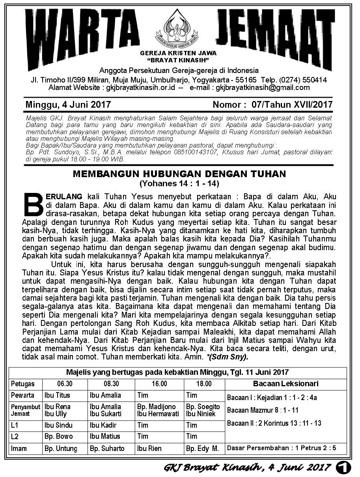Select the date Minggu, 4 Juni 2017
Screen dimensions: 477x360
click(x=68, y=105)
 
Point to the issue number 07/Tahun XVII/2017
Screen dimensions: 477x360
click(x=292, y=105)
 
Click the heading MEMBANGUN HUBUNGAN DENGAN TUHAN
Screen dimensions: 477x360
click(x=179, y=174)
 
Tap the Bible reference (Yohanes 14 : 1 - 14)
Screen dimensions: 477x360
click(x=179, y=183)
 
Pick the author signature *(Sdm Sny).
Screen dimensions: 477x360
click(x=228, y=357)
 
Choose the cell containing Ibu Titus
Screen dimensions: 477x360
click(x=57, y=395)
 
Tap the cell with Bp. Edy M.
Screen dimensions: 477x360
click(x=202, y=449)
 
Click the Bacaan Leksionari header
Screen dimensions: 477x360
click(x=286, y=383)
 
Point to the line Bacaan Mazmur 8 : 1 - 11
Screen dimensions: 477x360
click(x=263, y=410)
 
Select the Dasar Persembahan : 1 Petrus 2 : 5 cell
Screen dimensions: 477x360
click(x=282, y=448)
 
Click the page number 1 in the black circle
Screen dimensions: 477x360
click(x=344, y=468)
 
